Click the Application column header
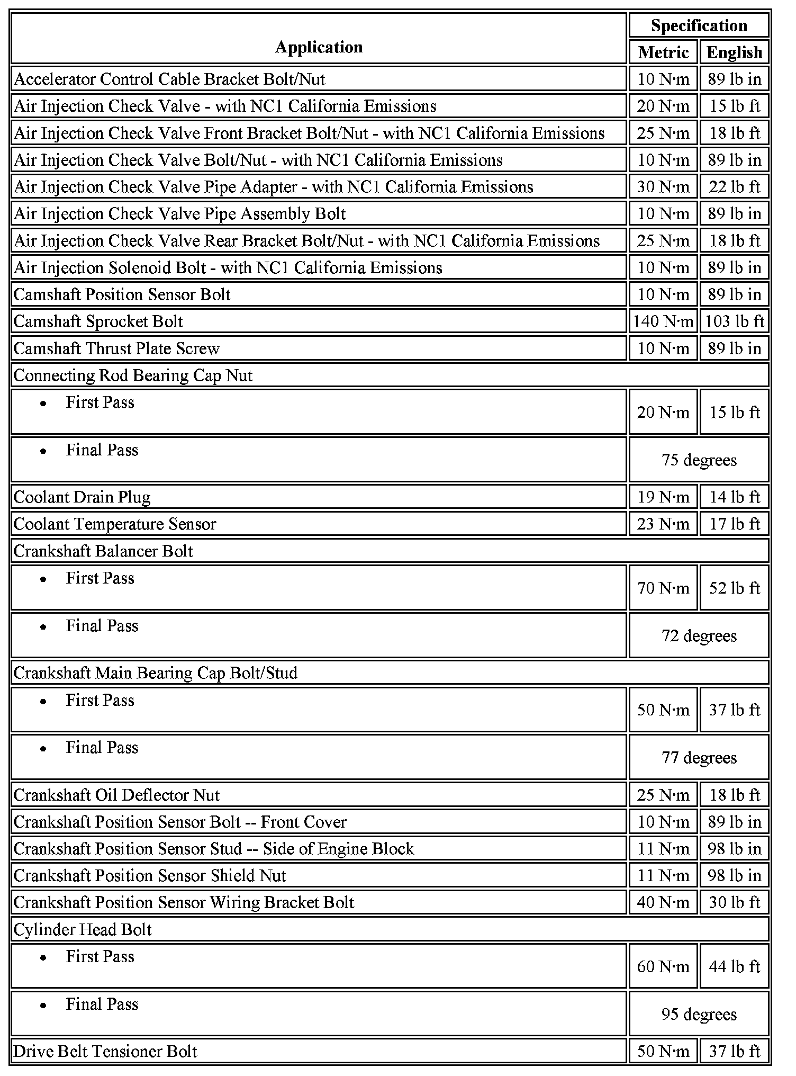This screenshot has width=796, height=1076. [319, 47]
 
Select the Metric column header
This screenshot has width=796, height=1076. [663, 52]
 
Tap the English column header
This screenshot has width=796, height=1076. [734, 52]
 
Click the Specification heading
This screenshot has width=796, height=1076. [699, 25]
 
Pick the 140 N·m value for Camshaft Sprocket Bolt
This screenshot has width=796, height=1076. [663, 321]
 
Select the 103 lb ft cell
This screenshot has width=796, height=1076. [735, 321]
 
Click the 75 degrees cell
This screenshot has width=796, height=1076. [699, 460]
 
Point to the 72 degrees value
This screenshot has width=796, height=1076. [699, 635]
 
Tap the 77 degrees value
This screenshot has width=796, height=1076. [699, 757]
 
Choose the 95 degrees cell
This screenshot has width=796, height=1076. [699, 1014]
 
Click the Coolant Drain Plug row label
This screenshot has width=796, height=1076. [82, 497]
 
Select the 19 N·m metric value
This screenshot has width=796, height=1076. [663, 497]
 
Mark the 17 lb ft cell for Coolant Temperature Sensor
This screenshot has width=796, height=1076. [735, 524]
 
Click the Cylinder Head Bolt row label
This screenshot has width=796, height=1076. [83, 929]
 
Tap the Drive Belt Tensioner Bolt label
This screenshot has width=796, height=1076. [105, 1051]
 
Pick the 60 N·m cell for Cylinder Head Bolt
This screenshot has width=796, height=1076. [663, 966]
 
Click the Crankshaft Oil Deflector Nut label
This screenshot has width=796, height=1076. [116, 795]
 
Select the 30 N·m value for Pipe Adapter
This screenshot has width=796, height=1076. [663, 187]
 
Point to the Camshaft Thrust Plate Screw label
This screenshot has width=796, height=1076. [116, 348]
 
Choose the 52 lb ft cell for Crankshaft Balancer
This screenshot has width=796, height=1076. [735, 588]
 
